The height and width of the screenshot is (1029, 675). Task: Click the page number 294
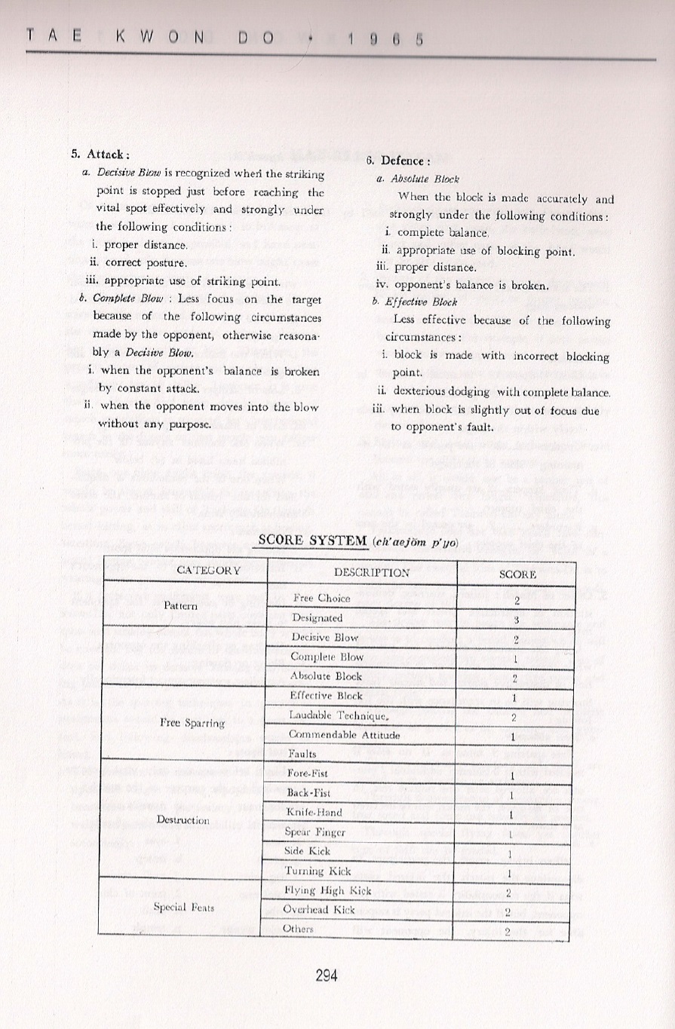pos(327,975)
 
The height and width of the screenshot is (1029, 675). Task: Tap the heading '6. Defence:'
pos(397,161)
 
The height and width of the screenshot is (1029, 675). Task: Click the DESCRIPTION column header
pos(361,572)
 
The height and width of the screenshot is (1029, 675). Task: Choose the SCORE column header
pos(517,574)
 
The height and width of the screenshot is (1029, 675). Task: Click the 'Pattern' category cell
pos(181,605)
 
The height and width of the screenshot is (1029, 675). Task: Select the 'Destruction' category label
pos(182,819)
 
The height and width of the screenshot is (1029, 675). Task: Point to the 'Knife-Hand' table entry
pos(314,813)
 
